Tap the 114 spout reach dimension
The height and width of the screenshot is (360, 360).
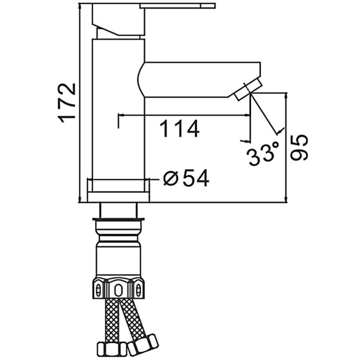pos(179,129)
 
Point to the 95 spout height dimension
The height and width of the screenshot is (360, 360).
pos(298,148)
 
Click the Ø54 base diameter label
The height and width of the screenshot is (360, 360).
pos(186,178)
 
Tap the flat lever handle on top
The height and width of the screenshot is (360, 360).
pos(177,6)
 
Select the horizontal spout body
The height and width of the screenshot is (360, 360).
pos(199,80)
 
